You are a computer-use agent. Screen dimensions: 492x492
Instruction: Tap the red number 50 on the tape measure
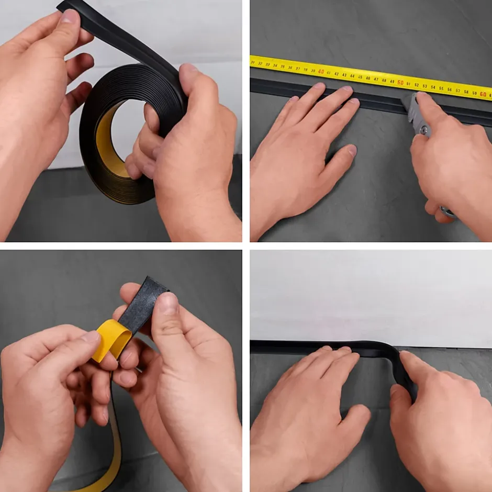pos(400,83)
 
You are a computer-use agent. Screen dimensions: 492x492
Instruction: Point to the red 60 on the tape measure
pos(483,94)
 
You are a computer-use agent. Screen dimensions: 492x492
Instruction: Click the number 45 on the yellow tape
pos(360,77)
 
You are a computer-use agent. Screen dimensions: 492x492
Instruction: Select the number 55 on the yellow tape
pos(441,88)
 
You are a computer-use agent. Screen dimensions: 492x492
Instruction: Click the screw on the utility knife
pos(423,129)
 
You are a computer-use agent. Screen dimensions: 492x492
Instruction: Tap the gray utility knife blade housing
pos(417,113)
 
